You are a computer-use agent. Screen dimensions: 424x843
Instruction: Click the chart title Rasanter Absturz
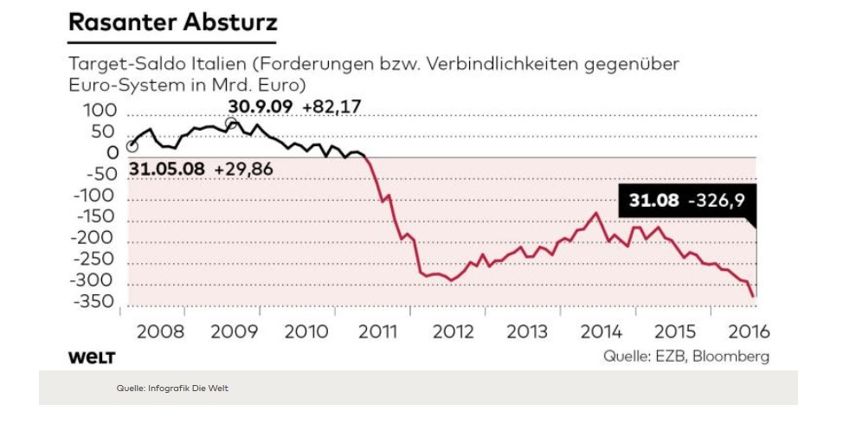tap(171, 22)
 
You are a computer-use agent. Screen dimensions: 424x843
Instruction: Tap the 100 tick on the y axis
tap(98, 112)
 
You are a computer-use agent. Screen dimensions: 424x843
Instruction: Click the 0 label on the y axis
tap(111, 154)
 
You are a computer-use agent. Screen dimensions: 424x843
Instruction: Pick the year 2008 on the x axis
tap(159, 331)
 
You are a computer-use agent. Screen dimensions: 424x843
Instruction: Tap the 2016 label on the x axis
tap(749, 331)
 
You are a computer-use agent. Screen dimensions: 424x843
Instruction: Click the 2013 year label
tap(527, 331)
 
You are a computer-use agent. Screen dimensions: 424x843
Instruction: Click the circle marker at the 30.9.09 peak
tap(232, 124)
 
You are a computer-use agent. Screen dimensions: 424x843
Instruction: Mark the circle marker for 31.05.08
tap(132, 146)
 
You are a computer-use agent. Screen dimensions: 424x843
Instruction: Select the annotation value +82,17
tap(331, 106)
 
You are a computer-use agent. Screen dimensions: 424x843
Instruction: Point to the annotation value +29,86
tap(243, 170)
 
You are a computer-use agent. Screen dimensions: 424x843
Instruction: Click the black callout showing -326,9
tap(686, 201)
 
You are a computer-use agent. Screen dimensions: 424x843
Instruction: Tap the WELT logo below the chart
tap(91, 357)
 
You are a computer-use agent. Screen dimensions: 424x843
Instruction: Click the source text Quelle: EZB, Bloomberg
tap(685, 357)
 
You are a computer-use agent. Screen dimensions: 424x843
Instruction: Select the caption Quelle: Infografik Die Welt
tap(172, 389)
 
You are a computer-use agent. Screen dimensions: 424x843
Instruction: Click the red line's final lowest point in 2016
tap(753, 297)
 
